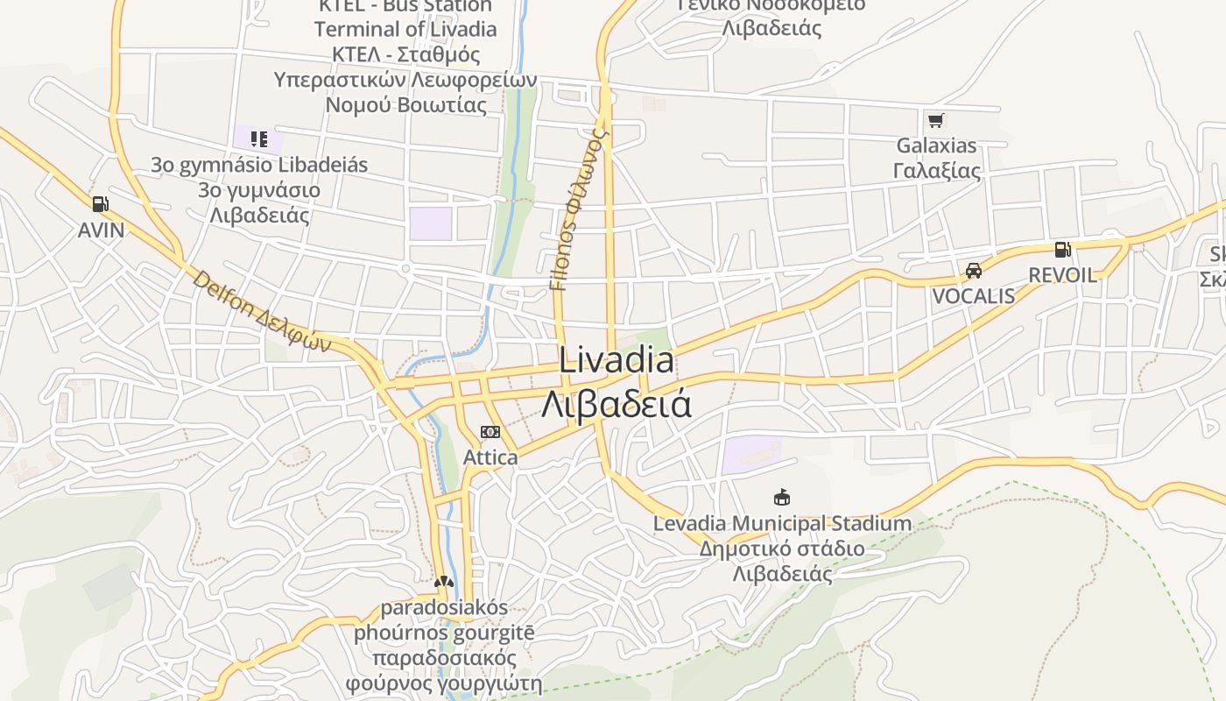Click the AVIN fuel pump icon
pyautogui.click(x=101, y=204)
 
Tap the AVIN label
pyautogui.click(x=101, y=230)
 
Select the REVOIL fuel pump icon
pyautogui.click(x=1062, y=250)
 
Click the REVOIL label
pyautogui.click(x=1062, y=275)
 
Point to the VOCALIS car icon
pyautogui.click(x=973, y=271)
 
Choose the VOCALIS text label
pyautogui.click(x=973, y=296)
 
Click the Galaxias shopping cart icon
pyautogui.click(x=936, y=120)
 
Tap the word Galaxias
pyautogui.click(x=936, y=145)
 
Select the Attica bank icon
pyautogui.click(x=490, y=432)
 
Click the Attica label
pyautogui.click(x=490, y=457)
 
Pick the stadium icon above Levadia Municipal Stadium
pyautogui.click(x=782, y=498)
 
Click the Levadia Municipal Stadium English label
pyautogui.click(x=782, y=524)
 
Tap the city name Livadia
pyautogui.click(x=617, y=361)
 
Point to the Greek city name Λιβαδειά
pyautogui.click(x=617, y=404)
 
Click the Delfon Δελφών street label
pyautogui.click(x=262, y=312)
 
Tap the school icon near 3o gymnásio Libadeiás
pyautogui.click(x=258, y=138)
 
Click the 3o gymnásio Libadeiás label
pyautogui.click(x=259, y=165)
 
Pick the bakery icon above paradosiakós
pyautogui.click(x=444, y=582)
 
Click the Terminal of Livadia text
pyautogui.click(x=405, y=29)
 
